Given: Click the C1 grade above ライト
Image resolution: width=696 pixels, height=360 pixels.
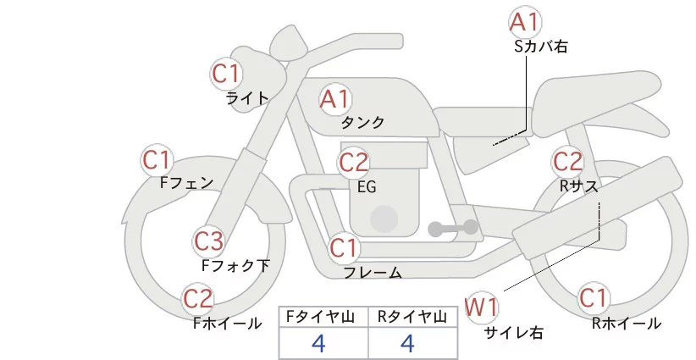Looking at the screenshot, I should click(x=226, y=74).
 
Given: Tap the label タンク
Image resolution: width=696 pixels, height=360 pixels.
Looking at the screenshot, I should click(x=362, y=122).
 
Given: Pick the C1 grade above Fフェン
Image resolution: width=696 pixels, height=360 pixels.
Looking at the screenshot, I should click(x=157, y=159).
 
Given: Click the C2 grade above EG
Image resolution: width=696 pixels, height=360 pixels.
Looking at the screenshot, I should click(x=354, y=162).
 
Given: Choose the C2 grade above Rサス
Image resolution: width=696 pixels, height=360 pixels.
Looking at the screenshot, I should click(x=567, y=161).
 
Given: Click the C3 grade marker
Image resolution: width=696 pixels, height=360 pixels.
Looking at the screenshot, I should click(x=208, y=241).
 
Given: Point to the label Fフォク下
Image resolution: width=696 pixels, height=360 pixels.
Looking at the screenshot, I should click(x=236, y=265).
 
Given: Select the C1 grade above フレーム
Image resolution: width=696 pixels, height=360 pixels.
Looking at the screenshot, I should click(x=344, y=249).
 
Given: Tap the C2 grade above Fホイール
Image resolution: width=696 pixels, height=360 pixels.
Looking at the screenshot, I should click(x=199, y=299).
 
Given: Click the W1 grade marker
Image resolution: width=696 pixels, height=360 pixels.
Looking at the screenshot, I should click(x=483, y=306).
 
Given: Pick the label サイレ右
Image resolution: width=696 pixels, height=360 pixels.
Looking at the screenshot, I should click(x=513, y=331).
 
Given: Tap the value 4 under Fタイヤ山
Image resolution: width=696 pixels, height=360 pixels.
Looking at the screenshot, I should click(x=318, y=343).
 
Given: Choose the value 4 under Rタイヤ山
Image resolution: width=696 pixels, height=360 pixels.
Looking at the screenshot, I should click(x=407, y=343).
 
